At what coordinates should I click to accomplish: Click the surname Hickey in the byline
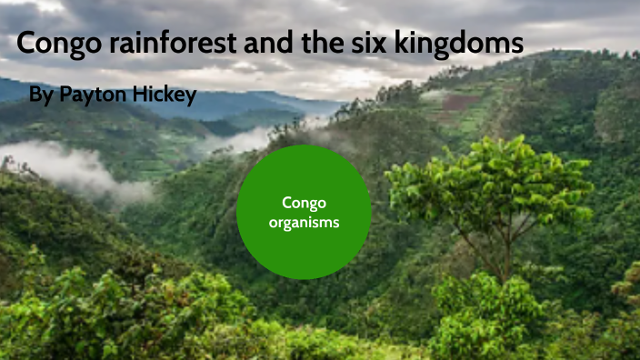pos(165,94)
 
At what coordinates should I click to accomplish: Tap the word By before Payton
pos(41,94)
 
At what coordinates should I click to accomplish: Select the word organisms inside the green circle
pos(304,221)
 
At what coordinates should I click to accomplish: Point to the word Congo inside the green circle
pos(304,202)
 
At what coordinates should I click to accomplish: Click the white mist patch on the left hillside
pos(73,168)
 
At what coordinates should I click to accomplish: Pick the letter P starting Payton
pos(65,94)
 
